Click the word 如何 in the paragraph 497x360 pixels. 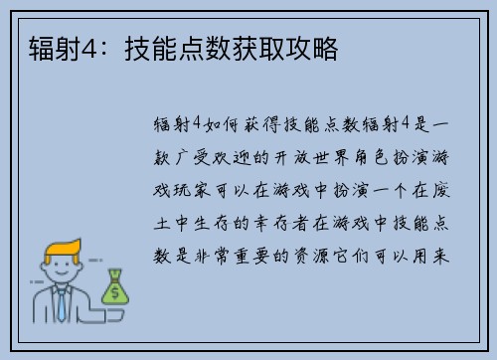[220, 123]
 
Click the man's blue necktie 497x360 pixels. [62, 304]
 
